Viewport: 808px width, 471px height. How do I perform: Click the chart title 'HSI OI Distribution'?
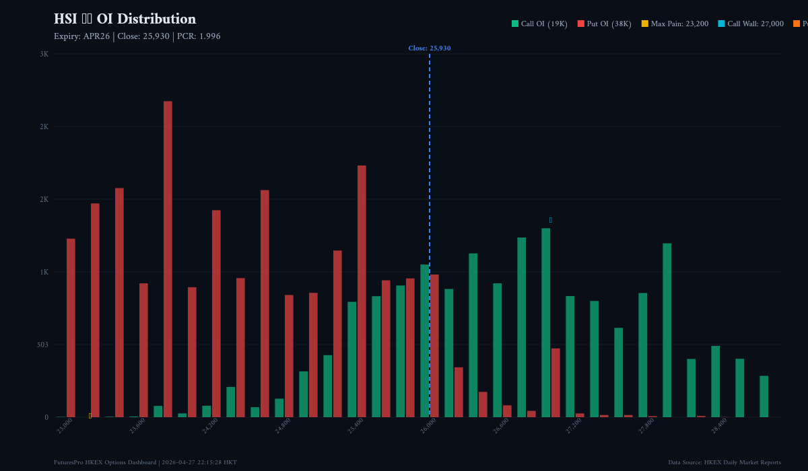pos(125,19)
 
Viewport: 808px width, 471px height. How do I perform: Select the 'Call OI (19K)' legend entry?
pos(539,24)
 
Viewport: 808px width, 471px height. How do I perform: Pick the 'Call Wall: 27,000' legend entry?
pos(750,24)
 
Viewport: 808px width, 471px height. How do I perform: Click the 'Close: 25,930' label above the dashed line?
pos(429,48)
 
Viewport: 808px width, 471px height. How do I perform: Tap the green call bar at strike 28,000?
pos(667,330)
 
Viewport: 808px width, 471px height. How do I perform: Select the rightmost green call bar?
pos(764,396)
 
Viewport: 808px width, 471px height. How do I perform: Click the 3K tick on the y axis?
pos(44,54)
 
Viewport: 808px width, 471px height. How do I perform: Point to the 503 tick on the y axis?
pos(42,345)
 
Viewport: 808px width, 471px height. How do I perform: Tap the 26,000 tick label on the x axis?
pos(428,426)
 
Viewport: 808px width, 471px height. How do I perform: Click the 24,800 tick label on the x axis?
pos(282,426)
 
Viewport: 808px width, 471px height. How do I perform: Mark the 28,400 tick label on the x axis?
pos(718,426)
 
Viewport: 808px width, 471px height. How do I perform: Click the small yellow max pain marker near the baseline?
pos(90,416)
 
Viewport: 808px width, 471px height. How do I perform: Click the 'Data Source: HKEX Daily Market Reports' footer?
pos(725,462)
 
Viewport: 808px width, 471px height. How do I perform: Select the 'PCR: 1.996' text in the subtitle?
pos(199,36)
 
